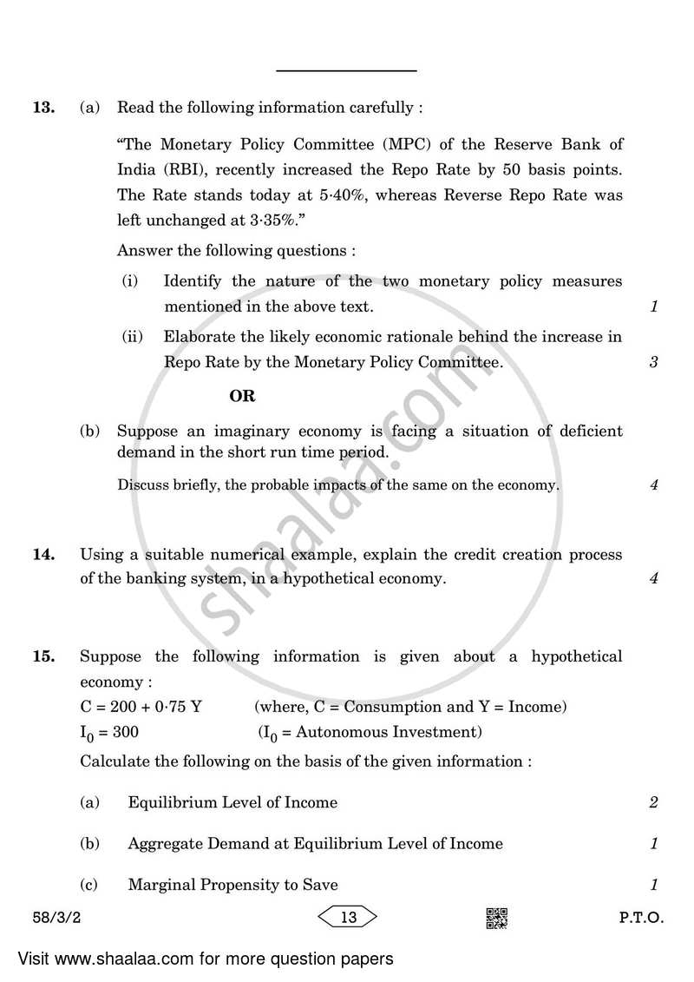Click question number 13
click(x=43, y=109)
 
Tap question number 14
click(x=43, y=554)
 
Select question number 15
click(x=43, y=656)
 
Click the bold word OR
click(x=242, y=396)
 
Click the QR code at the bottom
click(x=496, y=918)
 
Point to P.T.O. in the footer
click(x=642, y=918)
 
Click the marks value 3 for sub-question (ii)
click(x=653, y=363)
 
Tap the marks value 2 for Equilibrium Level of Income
click(x=653, y=803)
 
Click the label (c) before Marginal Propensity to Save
click(x=89, y=885)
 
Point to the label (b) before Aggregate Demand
click(x=89, y=844)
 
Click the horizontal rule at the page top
click(x=347, y=70)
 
